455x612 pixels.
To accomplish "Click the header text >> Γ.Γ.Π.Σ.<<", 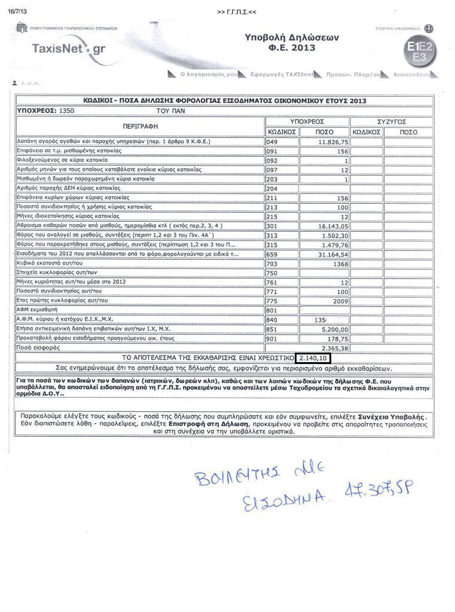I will tap(237, 12).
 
